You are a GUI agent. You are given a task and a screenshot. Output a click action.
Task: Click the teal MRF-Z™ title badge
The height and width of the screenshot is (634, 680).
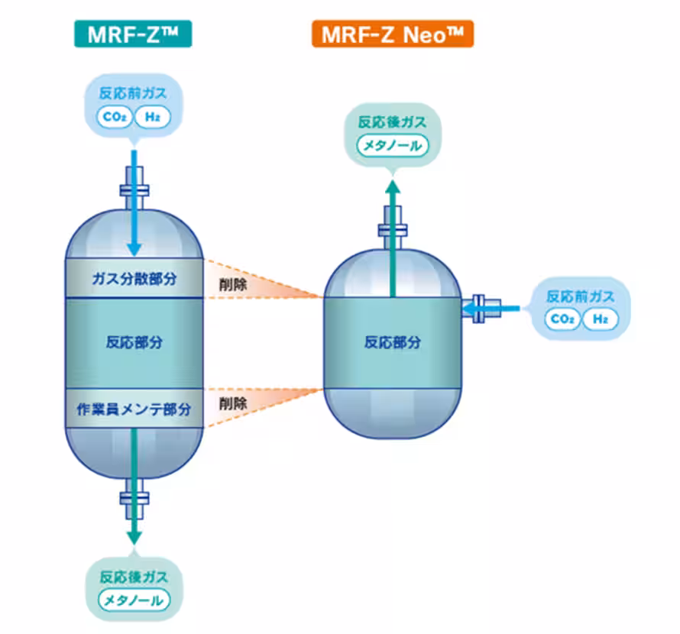coord(132,34)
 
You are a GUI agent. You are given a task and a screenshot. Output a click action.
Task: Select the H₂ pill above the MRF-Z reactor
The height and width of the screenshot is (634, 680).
coord(152,117)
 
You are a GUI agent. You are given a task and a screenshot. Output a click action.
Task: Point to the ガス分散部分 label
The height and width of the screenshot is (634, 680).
coord(134,279)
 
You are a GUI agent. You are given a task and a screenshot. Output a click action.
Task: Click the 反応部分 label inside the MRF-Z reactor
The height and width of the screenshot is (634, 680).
coord(134,341)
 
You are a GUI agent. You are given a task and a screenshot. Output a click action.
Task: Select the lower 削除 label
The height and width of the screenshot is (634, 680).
coord(232,403)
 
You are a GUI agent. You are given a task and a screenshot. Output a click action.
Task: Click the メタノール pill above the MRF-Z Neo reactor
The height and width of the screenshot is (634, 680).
coord(392,144)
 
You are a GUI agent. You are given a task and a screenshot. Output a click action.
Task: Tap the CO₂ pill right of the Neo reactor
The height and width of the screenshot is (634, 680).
coord(563,319)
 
